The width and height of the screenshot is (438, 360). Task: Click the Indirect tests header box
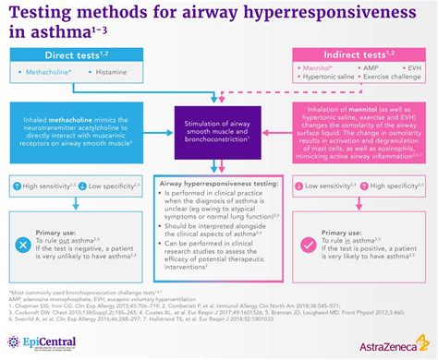(362, 56)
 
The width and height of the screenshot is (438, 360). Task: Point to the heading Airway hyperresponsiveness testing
(219, 185)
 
